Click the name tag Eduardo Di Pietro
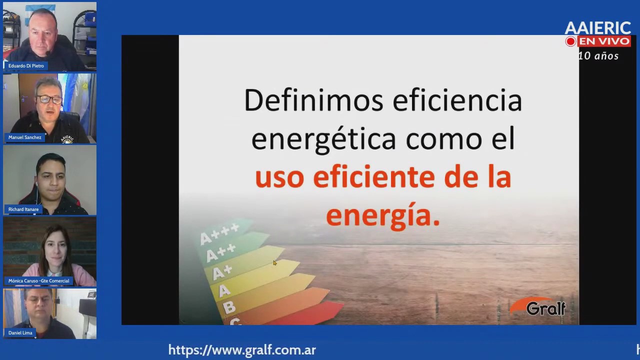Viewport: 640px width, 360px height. click(x=26, y=65)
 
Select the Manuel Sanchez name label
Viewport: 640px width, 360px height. click(x=25, y=137)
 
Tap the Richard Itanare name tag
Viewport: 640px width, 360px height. click(x=23, y=209)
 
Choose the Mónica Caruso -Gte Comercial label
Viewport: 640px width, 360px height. click(x=38, y=281)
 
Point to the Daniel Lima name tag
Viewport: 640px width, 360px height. click(x=20, y=333)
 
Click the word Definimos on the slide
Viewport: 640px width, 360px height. click(x=313, y=100)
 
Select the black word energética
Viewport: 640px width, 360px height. click(x=323, y=139)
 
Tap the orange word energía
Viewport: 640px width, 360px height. click(x=383, y=215)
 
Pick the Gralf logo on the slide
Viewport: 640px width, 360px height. click(x=538, y=306)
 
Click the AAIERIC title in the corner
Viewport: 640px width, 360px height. click(x=597, y=28)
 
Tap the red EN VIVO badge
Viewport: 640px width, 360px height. click(x=604, y=41)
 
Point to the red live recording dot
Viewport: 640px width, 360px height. click(x=570, y=41)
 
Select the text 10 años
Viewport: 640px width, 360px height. click(x=598, y=55)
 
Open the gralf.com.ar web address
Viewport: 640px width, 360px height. click(x=242, y=350)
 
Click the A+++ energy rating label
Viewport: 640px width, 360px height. click(x=219, y=233)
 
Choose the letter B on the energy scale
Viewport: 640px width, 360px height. click(x=229, y=307)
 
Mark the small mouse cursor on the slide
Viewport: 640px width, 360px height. click(x=274, y=263)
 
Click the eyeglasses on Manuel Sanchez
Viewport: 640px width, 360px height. click(x=49, y=99)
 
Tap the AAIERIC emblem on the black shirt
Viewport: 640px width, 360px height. click(x=67, y=139)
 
